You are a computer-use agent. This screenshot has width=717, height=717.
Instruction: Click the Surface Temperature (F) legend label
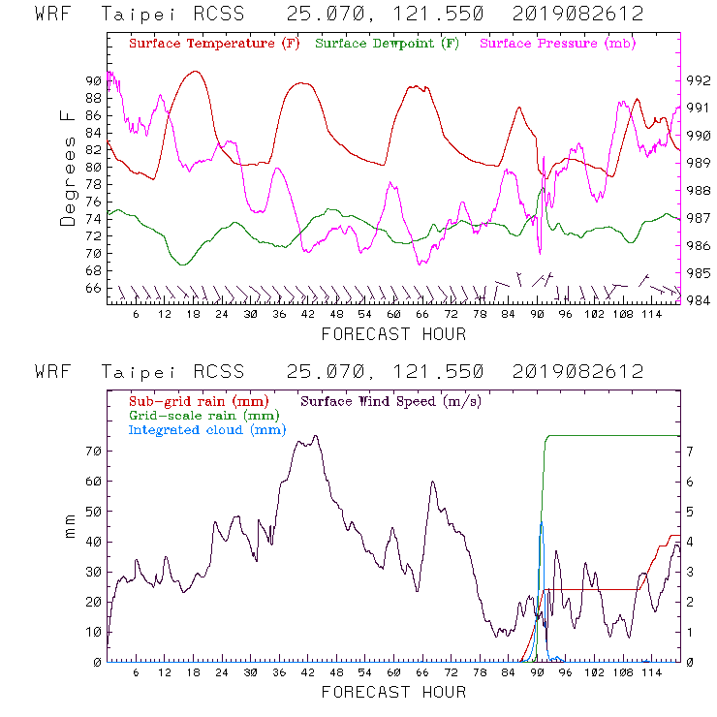tap(214, 45)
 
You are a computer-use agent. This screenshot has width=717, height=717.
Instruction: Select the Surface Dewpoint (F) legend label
tap(388, 45)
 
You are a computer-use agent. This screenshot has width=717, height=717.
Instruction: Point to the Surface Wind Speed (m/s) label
tap(391, 400)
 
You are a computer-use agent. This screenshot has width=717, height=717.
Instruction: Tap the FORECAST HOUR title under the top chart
tap(393, 334)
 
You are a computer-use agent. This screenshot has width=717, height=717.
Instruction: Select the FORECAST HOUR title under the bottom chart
tap(393, 692)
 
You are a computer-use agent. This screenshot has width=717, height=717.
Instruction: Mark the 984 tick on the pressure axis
tap(699, 299)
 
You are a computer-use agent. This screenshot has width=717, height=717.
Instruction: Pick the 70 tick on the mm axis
tap(93, 451)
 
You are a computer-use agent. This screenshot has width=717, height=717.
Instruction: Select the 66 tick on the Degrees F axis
tap(93, 288)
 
